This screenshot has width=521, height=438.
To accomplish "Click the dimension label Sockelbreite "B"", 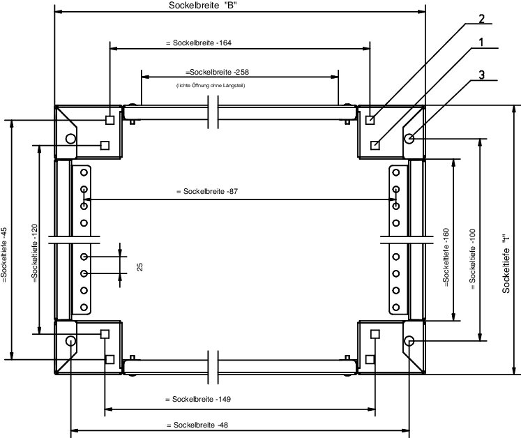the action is pos(203,6).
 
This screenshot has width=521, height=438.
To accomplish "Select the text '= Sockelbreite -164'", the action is pos(199,43).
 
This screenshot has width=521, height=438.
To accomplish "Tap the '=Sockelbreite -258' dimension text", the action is pos(217,72).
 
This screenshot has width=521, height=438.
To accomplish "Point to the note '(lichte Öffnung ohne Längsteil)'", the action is pos(211,85).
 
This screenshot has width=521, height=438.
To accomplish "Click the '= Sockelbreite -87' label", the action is pos(207,191).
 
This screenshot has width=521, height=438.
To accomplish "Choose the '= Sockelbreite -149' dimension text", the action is pos(198,399).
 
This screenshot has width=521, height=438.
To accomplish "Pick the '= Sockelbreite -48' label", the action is pos(197,425).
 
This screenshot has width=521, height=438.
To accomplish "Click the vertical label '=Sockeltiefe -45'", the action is pos(4,255).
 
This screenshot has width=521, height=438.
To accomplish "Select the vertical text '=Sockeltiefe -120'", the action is pos(35,254).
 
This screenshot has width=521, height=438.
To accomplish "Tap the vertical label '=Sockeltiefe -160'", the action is pos(446,257).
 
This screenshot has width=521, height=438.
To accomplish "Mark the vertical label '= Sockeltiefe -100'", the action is pos(473,259).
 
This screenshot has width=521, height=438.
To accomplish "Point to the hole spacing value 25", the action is pos(140,267).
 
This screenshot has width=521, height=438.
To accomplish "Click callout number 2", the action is pos(482,19).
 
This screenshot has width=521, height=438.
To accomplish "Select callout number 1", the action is pos(481,43).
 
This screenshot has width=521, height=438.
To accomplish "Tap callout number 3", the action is pos(482,75).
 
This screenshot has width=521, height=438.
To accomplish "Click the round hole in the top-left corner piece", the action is pos(70,139).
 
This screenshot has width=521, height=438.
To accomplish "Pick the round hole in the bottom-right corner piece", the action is pos(409,340).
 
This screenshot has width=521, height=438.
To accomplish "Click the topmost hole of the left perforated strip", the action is pos(84,172).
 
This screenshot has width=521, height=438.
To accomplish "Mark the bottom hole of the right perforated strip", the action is pos(395,307).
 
